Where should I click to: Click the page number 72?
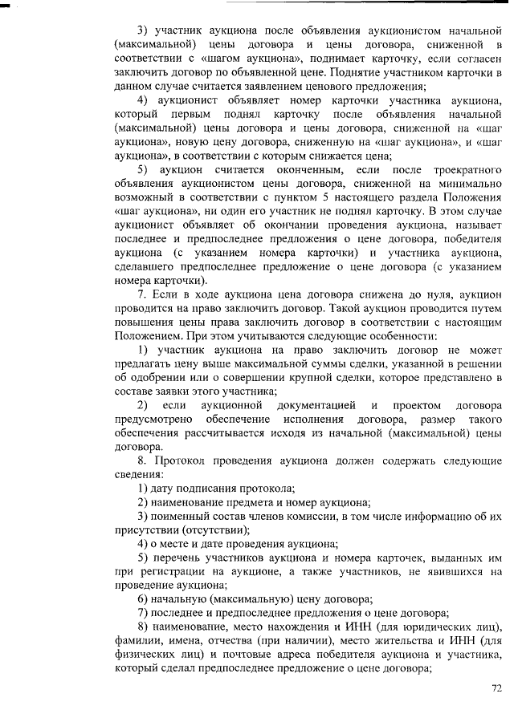pos(496,687)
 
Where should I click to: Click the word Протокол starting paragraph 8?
pos(182,460)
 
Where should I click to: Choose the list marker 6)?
pos(144,598)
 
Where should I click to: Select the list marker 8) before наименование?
pos(144,626)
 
